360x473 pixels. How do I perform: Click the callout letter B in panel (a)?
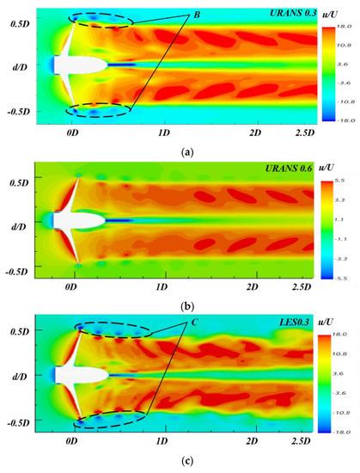tap(197, 15)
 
